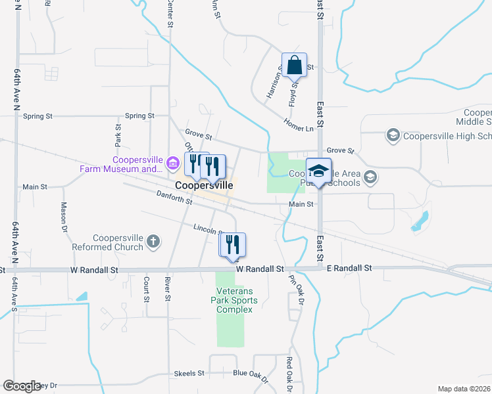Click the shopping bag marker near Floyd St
coord(294,66)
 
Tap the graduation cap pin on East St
coord(319,172)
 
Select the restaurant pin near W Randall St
coord(233,245)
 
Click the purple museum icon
coord(173,162)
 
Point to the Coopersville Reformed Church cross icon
coord(153,242)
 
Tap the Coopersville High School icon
coord(393,136)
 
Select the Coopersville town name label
coord(204,186)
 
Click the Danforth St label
coord(174,198)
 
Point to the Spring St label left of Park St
coord(37,116)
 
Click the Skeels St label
coord(189,373)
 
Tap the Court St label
coord(147,289)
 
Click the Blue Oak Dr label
coord(251,376)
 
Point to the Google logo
coord(21,386)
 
